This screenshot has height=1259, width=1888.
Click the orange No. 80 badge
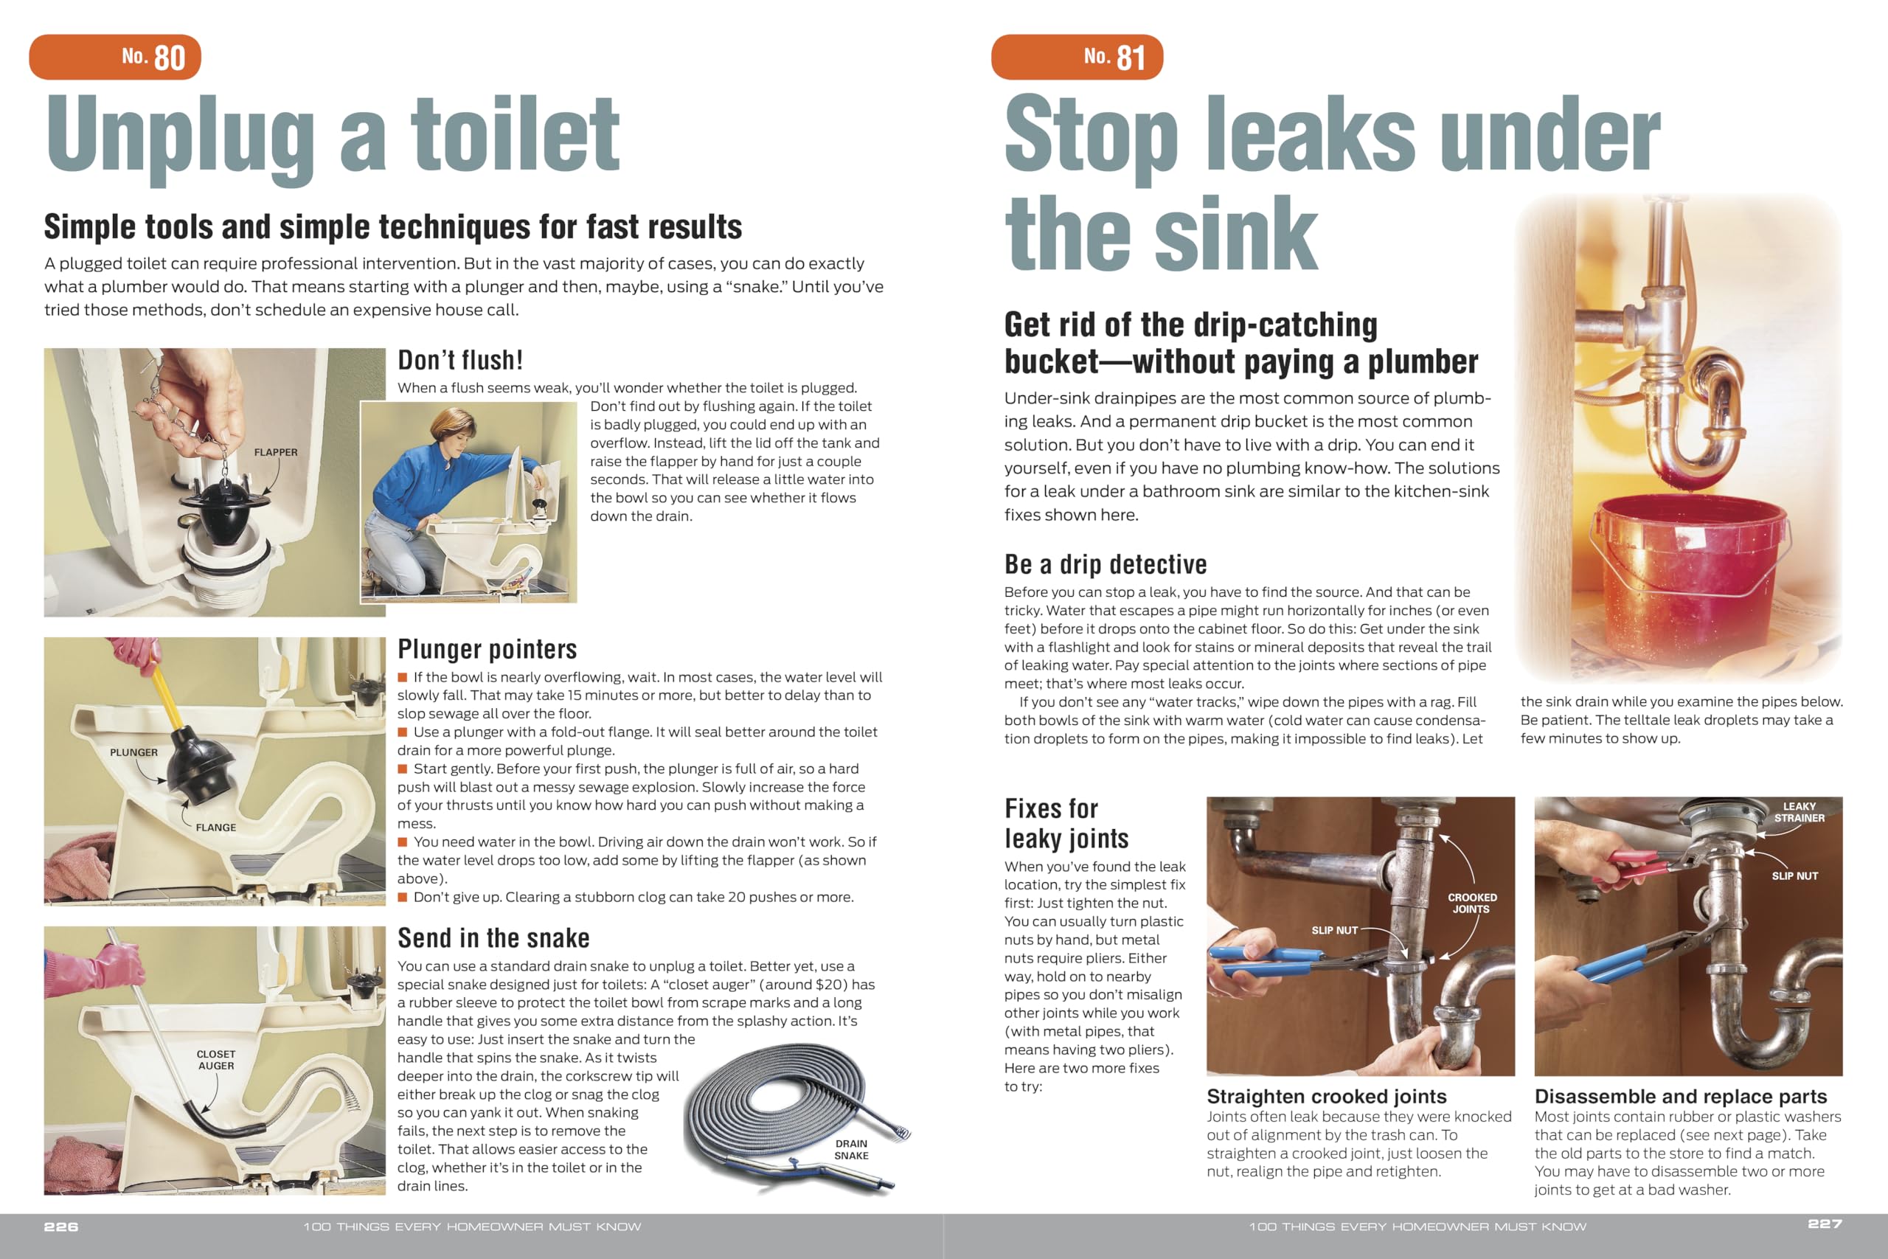pyautogui.click(x=115, y=57)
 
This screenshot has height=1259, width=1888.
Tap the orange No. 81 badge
pyautogui.click(x=1077, y=57)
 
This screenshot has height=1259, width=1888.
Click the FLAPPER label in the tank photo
pyautogui.click(x=275, y=452)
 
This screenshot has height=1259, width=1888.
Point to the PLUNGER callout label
pyautogui.click(x=133, y=752)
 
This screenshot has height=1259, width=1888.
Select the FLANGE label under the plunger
pyautogui.click(x=216, y=827)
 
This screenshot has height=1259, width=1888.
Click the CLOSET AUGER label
pyautogui.click(x=216, y=1060)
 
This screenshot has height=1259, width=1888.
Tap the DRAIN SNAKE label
pyautogui.click(x=851, y=1149)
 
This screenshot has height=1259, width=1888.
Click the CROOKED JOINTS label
pyautogui.click(x=1472, y=904)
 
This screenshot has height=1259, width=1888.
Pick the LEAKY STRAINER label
pyautogui.click(x=1799, y=812)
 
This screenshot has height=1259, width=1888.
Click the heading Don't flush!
pyautogui.click(x=460, y=361)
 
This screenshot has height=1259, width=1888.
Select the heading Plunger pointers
pyautogui.click(x=487, y=649)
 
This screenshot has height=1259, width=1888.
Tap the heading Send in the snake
pyautogui.click(x=493, y=938)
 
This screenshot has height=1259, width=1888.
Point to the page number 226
pyautogui.click(x=61, y=1227)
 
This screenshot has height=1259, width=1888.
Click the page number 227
pyautogui.click(x=1825, y=1224)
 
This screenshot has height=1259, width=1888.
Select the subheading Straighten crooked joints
pyautogui.click(x=1326, y=1096)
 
